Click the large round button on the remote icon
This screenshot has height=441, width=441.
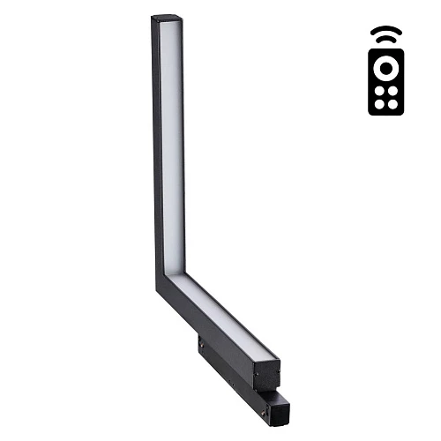[385, 69]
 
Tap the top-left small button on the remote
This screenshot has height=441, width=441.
[378, 91]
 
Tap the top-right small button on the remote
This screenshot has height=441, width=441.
[392, 91]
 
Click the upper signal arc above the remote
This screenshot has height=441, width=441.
[385, 30]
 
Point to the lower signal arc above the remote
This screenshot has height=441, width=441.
[385, 40]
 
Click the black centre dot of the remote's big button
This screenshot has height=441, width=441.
[385, 69]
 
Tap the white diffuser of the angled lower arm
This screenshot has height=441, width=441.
[225, 312]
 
